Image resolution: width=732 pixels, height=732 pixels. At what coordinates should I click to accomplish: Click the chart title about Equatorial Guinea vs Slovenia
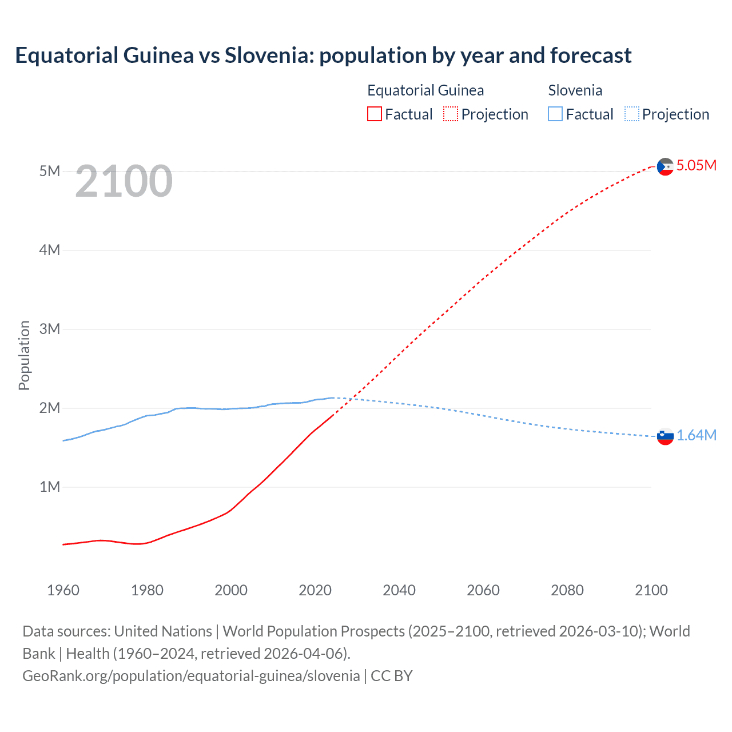click(x=323, y=55)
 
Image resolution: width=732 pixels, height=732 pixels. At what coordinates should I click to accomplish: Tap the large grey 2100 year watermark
click(x=124, y=181)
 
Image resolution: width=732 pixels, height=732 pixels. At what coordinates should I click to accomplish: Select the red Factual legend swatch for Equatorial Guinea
click(x=374, y=114)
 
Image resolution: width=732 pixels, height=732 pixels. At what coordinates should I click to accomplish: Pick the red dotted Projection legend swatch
click(x=451, y=114)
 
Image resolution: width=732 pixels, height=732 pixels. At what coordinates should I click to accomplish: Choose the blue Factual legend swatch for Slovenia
click(x=555, y=114)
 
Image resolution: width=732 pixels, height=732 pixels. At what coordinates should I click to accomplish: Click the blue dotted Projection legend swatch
click(x=631, y=114)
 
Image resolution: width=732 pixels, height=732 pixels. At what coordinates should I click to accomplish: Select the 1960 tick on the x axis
click(x=63, y=590)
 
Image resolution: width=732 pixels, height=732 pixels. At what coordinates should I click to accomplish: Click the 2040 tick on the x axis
click(x=399, y=590)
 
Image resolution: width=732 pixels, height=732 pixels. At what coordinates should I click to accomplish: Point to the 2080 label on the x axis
click(x=567, y=590)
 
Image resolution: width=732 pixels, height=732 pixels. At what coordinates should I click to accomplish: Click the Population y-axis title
click(x=24, y=355)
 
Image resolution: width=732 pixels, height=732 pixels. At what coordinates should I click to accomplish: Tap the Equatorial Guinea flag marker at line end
click(x=665, y=166)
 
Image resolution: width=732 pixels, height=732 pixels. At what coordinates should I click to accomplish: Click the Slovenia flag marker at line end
click(x=665, y=436)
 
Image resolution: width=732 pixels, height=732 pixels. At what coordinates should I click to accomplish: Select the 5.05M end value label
click(x=697, y=165)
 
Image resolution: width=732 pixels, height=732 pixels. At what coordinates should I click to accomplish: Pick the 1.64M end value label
click(x=697, y=436)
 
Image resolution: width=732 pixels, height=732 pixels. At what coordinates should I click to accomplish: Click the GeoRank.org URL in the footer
click(x=191, y=676)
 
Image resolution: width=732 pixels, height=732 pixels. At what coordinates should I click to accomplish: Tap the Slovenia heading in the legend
click(x=575, y=90)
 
